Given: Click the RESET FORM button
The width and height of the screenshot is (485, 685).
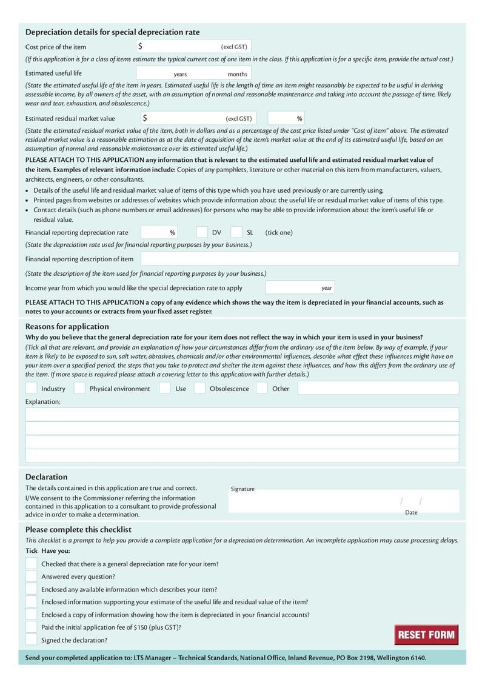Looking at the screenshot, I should [426, 635].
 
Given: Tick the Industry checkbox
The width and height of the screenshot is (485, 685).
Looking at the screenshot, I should [31, 389].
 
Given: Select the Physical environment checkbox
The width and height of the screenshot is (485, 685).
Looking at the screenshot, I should [79, 389].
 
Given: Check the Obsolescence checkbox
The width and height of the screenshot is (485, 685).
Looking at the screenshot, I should [199, 389].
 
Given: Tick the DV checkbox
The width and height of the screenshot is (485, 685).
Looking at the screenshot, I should [202, 232].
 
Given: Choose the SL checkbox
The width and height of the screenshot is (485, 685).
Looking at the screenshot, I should [236, 232].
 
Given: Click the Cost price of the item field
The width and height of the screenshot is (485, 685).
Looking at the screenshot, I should [182, 47].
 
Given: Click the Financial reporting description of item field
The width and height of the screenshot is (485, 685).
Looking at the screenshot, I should [299, 259].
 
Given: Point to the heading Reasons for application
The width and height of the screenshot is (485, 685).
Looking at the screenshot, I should [67, 326].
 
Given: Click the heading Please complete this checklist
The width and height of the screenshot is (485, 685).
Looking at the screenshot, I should [78, 529].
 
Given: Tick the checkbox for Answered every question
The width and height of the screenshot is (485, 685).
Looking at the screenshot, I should [31, 576].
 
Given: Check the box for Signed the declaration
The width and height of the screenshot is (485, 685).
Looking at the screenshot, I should [31, 640].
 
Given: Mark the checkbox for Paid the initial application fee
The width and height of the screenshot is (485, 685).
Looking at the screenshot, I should [31, 627].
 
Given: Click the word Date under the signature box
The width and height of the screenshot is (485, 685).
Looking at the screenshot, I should [411, 512].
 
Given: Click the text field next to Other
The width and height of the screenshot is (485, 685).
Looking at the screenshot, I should [378, 389].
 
